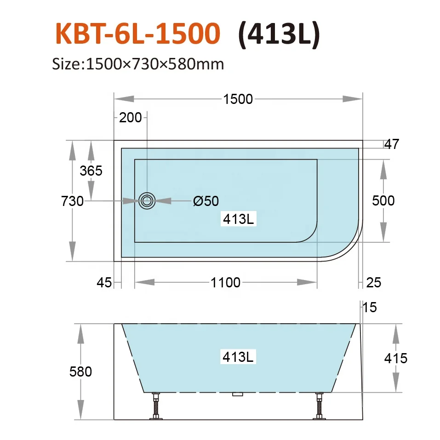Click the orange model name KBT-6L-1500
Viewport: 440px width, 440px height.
coord(137,34)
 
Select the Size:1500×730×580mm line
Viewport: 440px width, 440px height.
coord(138,63)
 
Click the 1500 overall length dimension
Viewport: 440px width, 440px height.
coord(238,99)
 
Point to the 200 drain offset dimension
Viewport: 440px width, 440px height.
coord(131,118)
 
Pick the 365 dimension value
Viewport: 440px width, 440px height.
coord(91,171)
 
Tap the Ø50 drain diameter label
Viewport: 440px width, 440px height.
coord(206,201)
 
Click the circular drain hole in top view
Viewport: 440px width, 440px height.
coord(147,200)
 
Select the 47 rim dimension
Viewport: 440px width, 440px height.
coord(392,144)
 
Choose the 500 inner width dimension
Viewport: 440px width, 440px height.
coord(383,201)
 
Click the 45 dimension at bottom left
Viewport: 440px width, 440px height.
coord(104,282)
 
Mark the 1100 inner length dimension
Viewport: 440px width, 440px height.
coord(225,282)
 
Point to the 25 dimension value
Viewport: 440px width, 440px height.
coord(374,282)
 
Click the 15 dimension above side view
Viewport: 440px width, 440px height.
coord(370,307)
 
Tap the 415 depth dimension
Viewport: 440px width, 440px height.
coord(396,358)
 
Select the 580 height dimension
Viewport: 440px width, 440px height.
coord(81,371)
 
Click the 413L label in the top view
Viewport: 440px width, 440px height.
coord(238,219)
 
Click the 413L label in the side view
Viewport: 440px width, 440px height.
coord(238,356)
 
